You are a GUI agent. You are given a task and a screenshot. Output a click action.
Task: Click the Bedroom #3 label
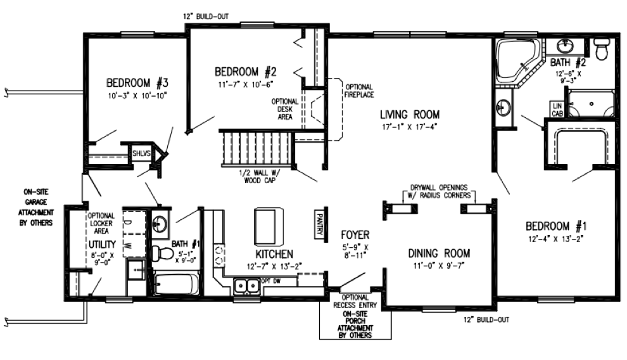click(x=137, y=83)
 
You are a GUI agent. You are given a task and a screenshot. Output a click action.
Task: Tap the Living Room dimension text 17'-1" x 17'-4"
click(x=410, y=127)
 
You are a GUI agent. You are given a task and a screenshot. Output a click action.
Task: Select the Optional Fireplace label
click(x=359, y=91)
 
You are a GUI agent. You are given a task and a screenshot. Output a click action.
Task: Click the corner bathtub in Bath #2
click(x=517, y=61)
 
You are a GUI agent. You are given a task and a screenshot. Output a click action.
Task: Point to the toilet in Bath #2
click(x=601, y=48)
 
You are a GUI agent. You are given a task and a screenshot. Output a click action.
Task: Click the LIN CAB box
click(x=557, y=109)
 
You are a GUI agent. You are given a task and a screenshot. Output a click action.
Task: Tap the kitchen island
click(x=269, y=226)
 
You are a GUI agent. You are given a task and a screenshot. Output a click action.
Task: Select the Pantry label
click(x=319, y=224)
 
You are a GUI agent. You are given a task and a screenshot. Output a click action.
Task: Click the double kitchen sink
click(x=246, y=286)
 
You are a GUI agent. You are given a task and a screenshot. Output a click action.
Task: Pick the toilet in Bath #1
click(x=162, y=252)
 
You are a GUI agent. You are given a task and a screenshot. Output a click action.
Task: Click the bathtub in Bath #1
click(x=176, y=284)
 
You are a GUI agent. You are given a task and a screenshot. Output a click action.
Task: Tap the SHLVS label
click(x=142, y=153)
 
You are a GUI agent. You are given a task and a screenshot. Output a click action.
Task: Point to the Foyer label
click(x=355, y=235)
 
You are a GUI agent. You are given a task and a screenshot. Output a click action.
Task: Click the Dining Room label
click(x=439, y=253)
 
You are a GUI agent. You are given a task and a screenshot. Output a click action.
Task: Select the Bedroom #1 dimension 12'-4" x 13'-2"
click(x=556, y=239)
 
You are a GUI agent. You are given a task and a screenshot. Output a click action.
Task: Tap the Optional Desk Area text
click(x=285, y=109)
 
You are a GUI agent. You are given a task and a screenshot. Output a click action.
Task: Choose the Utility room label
click(x=102, y=244)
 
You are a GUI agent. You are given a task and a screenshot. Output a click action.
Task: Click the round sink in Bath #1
click(x=160, y=223)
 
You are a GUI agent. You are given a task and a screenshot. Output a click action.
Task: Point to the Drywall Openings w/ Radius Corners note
click(x=439, y=191)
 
